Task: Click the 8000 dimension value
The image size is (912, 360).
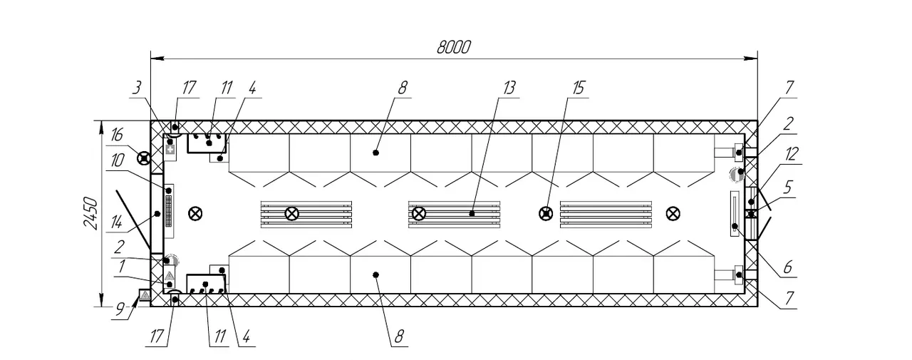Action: pos(454,47)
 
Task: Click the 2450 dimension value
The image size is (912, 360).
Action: pos(90,213)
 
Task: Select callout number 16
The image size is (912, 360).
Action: pos(117,135)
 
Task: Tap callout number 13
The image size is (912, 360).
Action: pos(509,88)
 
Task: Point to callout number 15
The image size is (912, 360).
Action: pos(579,88)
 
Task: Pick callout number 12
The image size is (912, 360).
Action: pos(792,154)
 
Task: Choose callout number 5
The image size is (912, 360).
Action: pos(788,187)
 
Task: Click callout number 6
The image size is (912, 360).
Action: pos(788,267)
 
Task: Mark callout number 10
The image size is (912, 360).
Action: pos(118,160)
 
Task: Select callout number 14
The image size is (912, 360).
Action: pos(116,222)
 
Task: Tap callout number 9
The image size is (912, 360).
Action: pos(119,309)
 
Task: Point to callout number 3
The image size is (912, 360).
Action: pos(137,88)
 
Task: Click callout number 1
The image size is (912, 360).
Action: pos(121,267)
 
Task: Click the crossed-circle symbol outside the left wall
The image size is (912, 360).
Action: pos(144,158)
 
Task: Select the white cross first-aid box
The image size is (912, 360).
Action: pos(170,150)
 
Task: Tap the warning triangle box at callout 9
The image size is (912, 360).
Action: pos(145,295)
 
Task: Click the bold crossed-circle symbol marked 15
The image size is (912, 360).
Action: pos(546,213)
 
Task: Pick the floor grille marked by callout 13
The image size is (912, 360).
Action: pos(455,214)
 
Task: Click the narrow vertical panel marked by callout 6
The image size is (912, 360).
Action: pos(735,214)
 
